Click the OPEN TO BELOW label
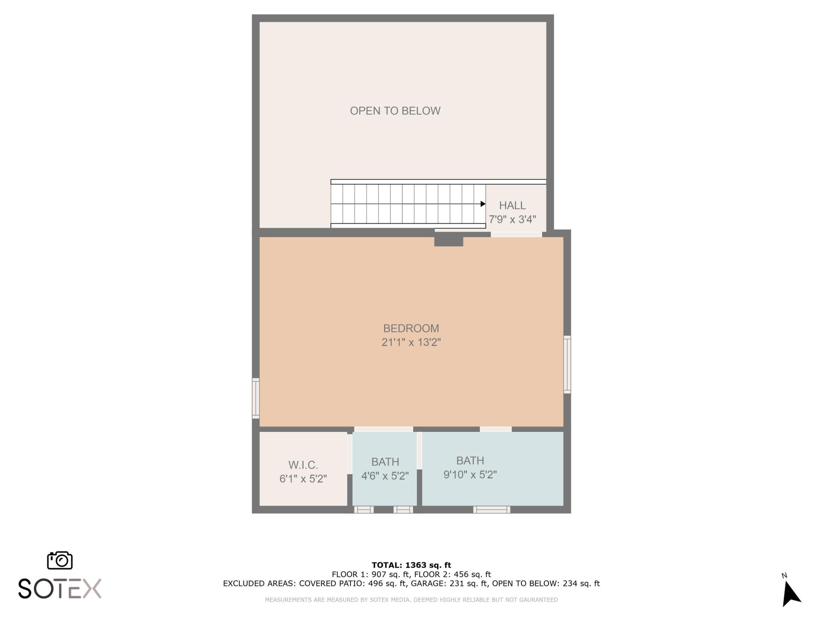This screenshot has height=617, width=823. pyautogui.click(x=395, y=111)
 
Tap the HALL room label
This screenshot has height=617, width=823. pyautogui.click(x=512, y=205)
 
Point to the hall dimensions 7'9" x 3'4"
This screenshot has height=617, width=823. pyautogui.click(x=512, y=219)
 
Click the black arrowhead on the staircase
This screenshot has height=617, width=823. pyautogui.click(x=483, y=204)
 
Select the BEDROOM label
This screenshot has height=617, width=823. pyautogui.click(x=411, y=328)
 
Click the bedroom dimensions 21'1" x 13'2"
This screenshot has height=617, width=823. pyautogui.click(x=411, y=342)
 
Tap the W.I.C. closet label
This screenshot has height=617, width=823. pyautogui.click(x=303, y=465)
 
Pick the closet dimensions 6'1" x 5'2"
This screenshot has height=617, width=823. pyautogui.click(x=303, y=479)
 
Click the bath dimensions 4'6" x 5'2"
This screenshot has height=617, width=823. pyautogui.click(x=385, y=476)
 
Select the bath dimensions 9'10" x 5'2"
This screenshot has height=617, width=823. pyautogui.click(x=470, y=474)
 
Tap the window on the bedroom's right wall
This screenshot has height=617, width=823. pyautogui.click(x=567, y=364)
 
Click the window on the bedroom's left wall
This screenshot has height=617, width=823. pyautogui.click(x=255, y=398)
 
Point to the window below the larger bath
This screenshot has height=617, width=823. pyautogui.click(x=492, y=510)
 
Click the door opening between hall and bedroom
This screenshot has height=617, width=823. pyautogui.click(x=516, y=234)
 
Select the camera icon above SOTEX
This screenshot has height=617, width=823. pyautogui.click(x=60, y=560)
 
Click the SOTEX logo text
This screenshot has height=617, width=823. pyautogui.click(x=60, y=589)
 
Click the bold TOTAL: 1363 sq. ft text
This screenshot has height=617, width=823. pyautogui.click(x=411, y=565)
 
